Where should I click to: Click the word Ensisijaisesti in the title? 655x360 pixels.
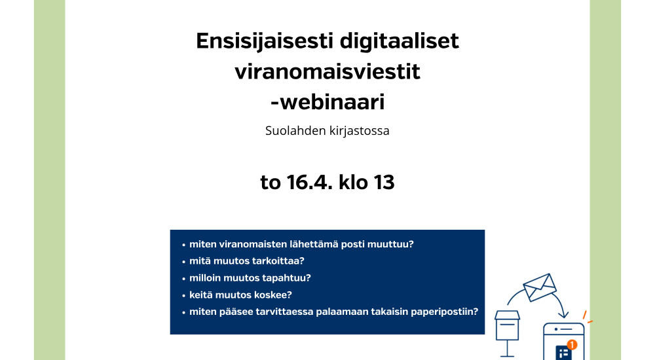pyautogui.click(x=265, y=42)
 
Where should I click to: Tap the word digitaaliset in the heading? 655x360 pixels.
pyautogui.click(x=400, y=41)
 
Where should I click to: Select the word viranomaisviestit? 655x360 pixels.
pyautogui.click(x=327, y=71)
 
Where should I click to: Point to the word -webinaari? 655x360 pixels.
pyautogui.click(x=327, y=102)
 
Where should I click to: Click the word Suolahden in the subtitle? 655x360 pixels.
pyautogui.click(x=295, y=130)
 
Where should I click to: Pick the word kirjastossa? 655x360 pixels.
pyautogui.click(x=359, y=131)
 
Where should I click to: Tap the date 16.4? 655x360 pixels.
pyautogui.click(x=310, y=183)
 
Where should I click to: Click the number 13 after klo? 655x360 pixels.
pyautogui.click(x=384, y=183)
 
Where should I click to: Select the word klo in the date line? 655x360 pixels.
pyautogui.click(x=353, y=182)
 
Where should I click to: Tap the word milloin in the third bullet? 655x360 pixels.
pyautogui.click(x=204, y=278)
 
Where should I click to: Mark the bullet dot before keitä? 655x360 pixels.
pyautogui.click(x=184, y=296)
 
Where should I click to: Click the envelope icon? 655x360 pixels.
pyautogui.click(x=540, y=287)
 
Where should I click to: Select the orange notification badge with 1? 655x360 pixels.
pyautogui.click(x=572, y=344)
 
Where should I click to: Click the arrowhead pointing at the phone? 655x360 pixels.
pyautogui.click(x=563, y=314)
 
